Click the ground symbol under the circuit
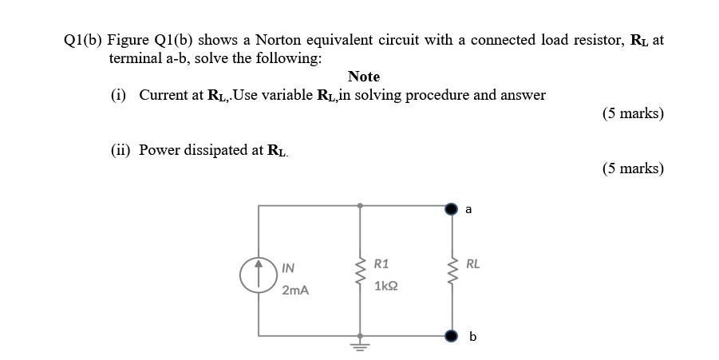361,345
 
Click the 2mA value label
294,291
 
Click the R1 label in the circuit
381,263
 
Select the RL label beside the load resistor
473,263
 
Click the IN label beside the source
288,268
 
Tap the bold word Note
364,77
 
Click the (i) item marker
118,95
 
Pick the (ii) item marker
120,150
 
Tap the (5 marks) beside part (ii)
633,168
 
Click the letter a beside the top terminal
468,209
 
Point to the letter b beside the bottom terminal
472,337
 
